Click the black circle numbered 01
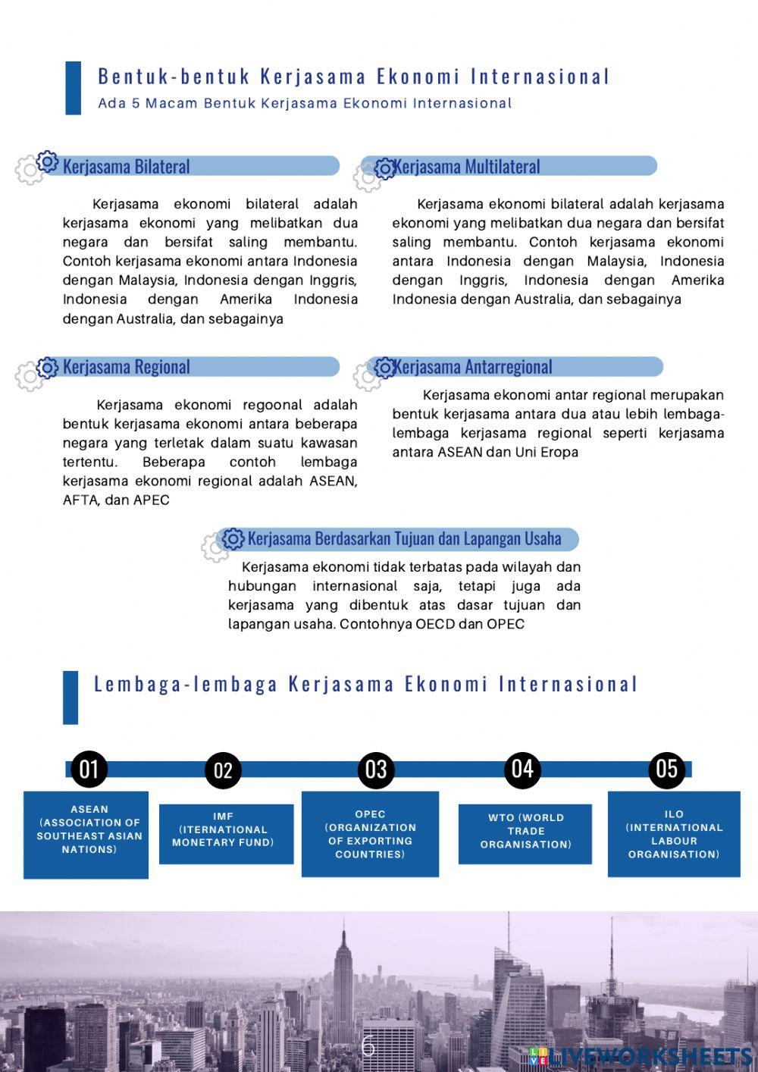click(89, 769)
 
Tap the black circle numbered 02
click(223, 770)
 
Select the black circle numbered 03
click(376, 770)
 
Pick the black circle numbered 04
click(522, 769)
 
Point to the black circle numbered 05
click(666, 769)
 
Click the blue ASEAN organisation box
click(86, 834)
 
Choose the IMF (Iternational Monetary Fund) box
click(226, 833)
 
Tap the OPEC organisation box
click(370, 834)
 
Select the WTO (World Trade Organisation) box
click(525, 833)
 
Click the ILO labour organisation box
click(674, 834)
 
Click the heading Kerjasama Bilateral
click(126, 167)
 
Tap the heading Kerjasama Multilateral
click(466, 167)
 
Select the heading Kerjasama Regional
click(126, 367)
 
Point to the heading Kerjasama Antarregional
click(472, 367)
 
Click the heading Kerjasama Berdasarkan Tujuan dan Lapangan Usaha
click(404, 539)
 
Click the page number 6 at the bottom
click(368, 1045)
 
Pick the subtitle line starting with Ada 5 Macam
click(305, 103)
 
